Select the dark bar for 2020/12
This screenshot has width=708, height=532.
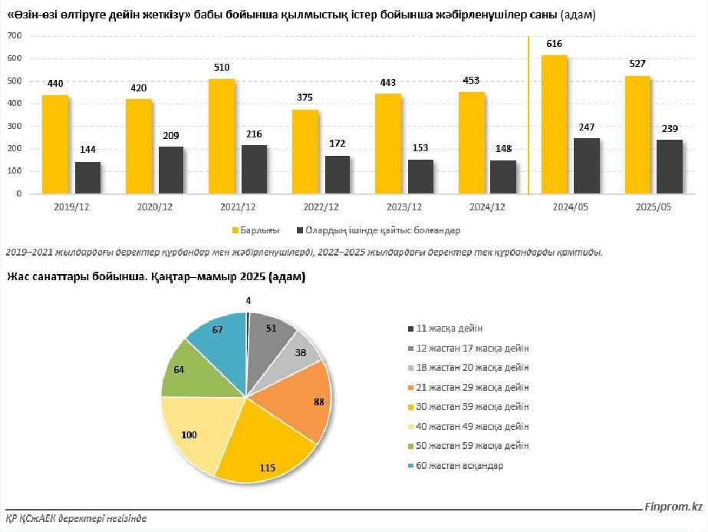point(171,170)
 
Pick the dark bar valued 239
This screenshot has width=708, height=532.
point(669,167)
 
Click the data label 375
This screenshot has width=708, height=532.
point(305,97)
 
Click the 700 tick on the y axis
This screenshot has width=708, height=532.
point(13,36)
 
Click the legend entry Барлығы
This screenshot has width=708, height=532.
point(260,230)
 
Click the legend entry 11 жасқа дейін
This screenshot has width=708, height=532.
point(449,328)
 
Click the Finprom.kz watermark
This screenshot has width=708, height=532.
point(673,507)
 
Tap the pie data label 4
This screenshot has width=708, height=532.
point(249,301)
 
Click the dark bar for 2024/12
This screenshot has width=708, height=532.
point(503,177)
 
